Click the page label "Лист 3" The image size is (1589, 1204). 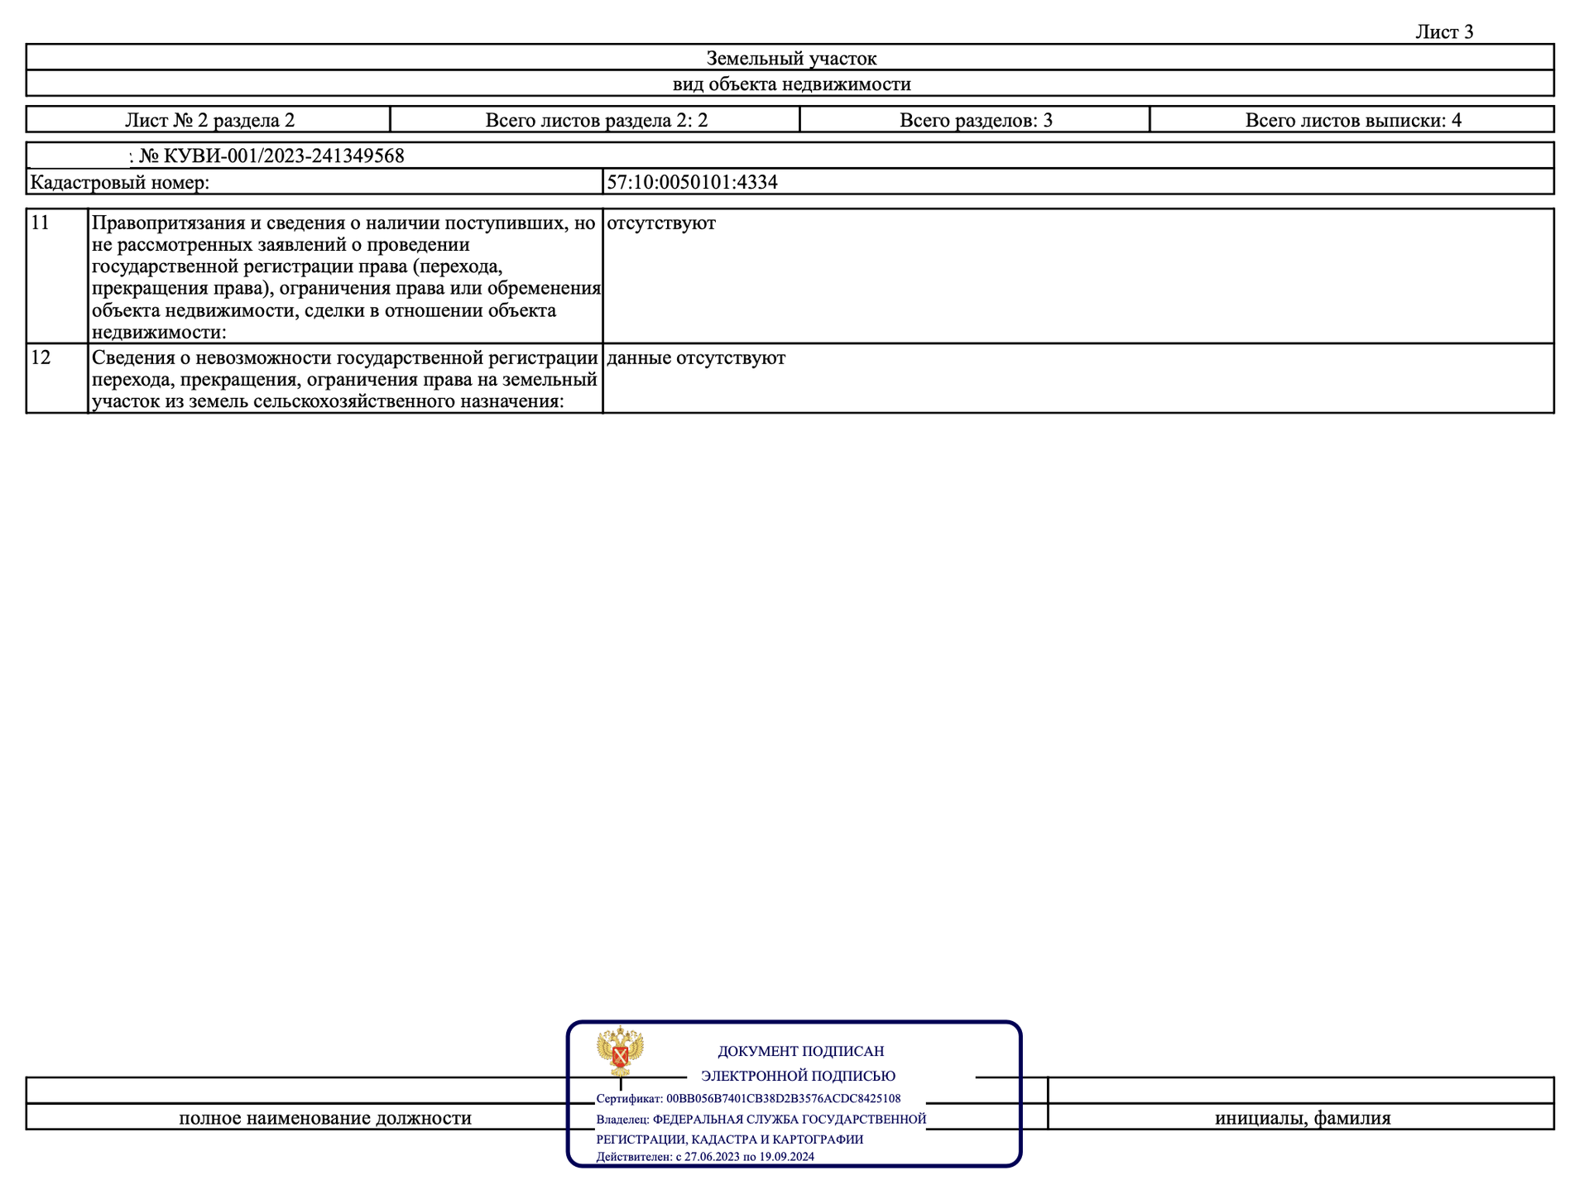(x=1443, y=31)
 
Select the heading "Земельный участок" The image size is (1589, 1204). (x=790, y=58)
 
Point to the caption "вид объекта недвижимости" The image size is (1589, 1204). (x=790, y=84)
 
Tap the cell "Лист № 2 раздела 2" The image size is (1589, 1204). (x=209, y=120)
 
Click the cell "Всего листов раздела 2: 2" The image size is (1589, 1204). (x=596, y=120)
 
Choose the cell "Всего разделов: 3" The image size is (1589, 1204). (x=975, y=120)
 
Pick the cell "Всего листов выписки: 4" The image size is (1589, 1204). (x=1352, y=120)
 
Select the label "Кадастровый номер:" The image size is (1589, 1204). (x=120, y=182)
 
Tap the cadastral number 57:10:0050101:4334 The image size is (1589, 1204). (x=692, y=182)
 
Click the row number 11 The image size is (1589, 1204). (x=40, y=223)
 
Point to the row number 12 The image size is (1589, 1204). (x=40, y=357)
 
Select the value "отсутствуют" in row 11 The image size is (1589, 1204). (x=661, y=223)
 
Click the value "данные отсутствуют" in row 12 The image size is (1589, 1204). (x=696, y=357)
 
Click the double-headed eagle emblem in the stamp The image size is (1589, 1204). (x=620, y=1051)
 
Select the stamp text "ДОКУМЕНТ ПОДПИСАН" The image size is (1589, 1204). (x=800, y=1051)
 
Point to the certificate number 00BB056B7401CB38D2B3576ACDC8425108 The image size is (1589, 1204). (x=783, y=1099)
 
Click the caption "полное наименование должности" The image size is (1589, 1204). (x=325, y=1118)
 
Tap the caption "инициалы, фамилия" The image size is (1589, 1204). (x=1302, y=1118)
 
